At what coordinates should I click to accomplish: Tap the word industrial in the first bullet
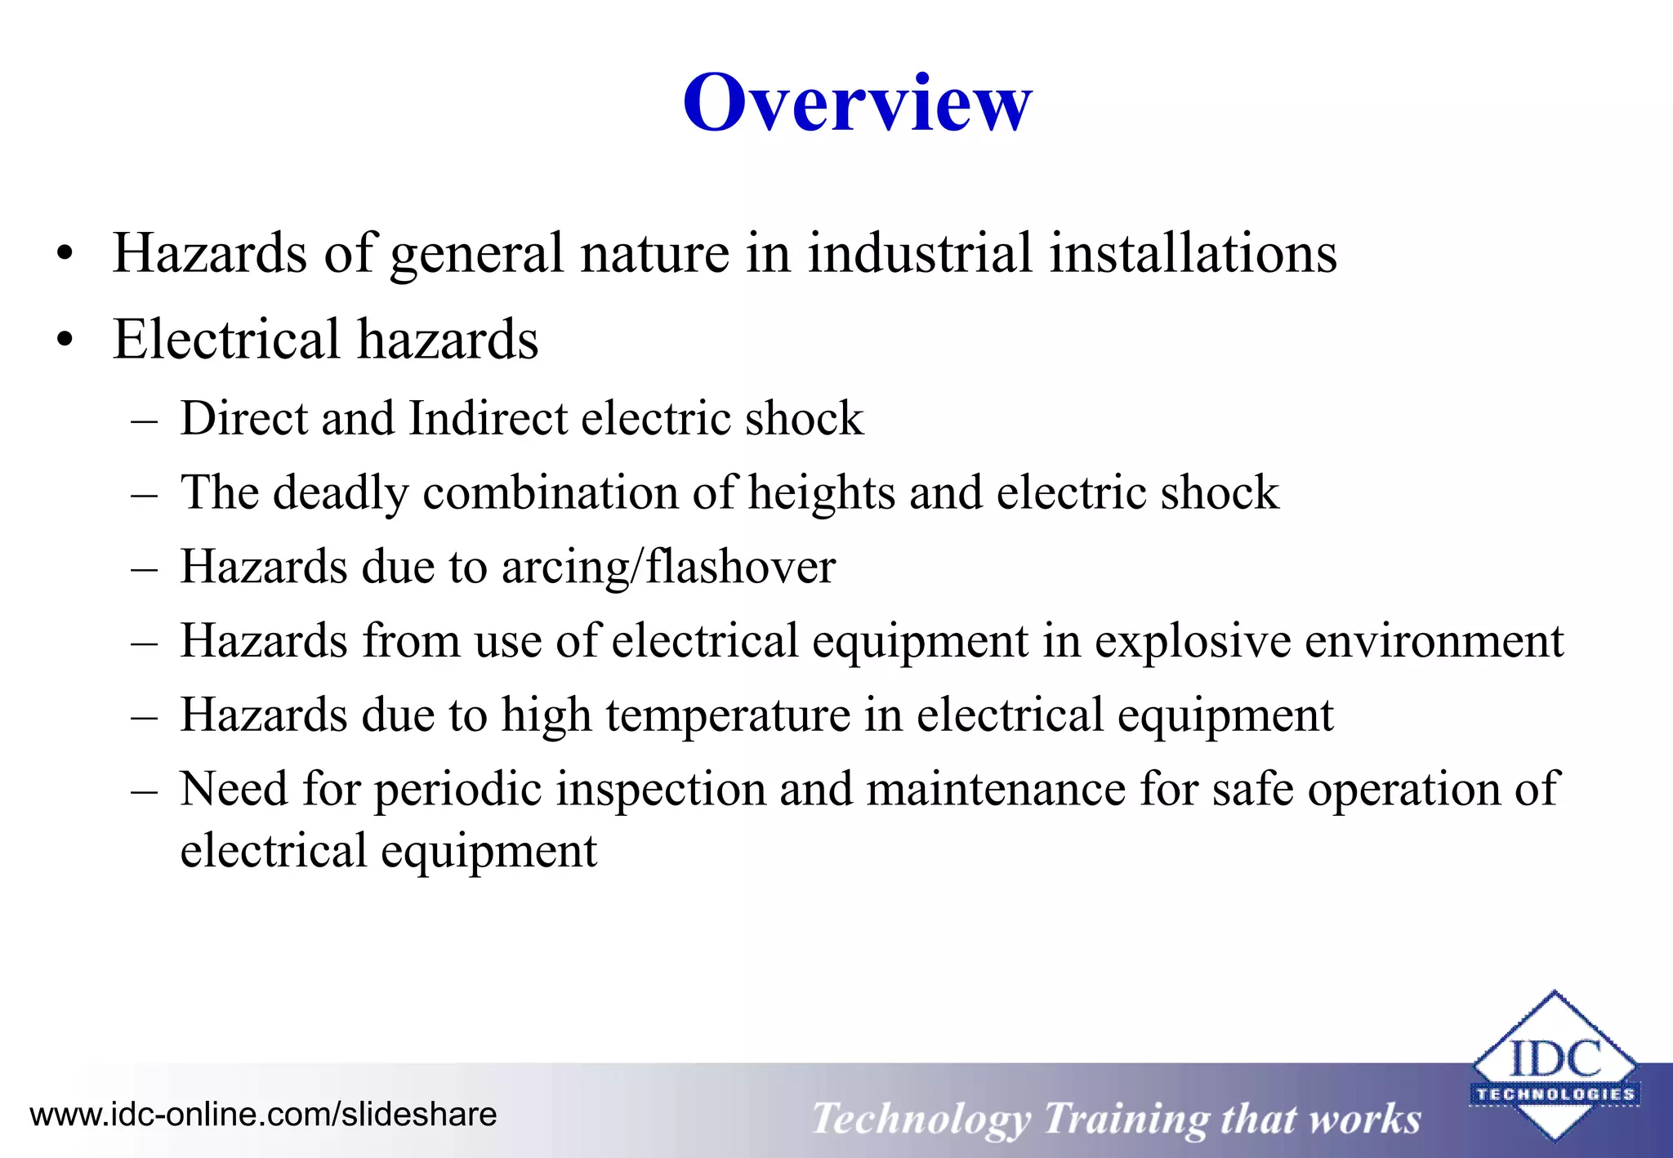coord(920,253)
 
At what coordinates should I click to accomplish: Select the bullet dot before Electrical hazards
coord(65,341)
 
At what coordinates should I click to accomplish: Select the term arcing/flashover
coord(668,568)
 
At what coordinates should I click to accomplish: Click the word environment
coord(1434,641)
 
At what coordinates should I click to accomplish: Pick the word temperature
coord(728,715)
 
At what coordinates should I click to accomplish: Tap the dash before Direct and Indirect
coord(144,420)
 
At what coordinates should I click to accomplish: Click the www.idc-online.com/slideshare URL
coord(263,1115)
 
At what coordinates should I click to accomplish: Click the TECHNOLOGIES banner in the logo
coord(1555,1094)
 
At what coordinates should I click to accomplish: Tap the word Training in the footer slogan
coord(1126,1118)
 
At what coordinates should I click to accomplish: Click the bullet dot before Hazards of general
coord(65,254)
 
